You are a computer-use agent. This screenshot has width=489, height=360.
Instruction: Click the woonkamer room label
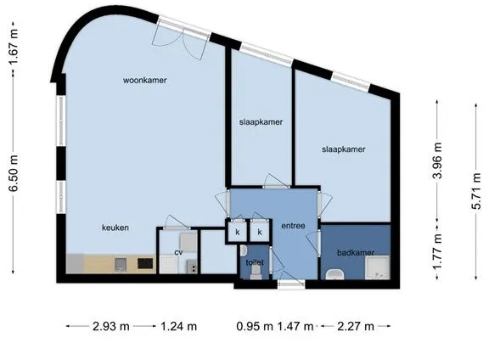[144, 80]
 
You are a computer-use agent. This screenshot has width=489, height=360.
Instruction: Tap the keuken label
[115, 228]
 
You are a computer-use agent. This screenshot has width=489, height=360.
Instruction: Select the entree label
[293, 226]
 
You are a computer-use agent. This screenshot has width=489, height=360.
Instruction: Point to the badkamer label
[356, 252]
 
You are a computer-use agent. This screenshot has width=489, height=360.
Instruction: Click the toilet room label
[255, 262]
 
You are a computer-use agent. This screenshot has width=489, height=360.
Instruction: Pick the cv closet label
[178, 252]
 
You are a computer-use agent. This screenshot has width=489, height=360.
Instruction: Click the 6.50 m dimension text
[14, 173]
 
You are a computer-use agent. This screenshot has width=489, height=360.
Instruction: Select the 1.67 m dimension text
[14, 47]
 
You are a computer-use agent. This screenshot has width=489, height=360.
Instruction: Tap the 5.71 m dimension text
[476, 191]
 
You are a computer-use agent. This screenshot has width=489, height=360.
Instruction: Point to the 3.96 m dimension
[437, 160]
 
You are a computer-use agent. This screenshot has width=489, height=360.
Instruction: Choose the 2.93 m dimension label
[111, 326]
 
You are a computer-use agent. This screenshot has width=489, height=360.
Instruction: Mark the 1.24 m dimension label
[178, 326]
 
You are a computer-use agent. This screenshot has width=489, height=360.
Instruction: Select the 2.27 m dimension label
[356, 326]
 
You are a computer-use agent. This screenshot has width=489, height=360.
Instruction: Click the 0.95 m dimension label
[255, 326]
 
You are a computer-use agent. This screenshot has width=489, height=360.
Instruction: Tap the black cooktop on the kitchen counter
[146, 263]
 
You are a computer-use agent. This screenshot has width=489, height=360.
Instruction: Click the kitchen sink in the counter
[121, 264]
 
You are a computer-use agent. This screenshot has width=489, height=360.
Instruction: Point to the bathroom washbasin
[334, 274]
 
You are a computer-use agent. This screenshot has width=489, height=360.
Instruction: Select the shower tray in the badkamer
[377, 267]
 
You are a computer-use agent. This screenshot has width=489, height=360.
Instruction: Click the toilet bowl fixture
[256, 273]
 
